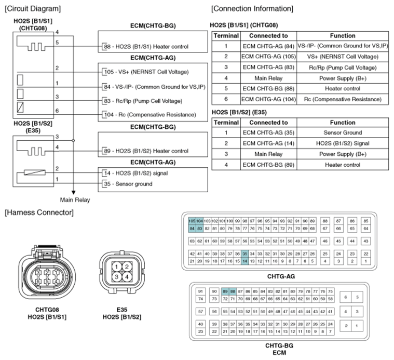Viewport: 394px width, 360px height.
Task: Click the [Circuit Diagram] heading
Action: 32,9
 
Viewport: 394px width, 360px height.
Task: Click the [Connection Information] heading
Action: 252,9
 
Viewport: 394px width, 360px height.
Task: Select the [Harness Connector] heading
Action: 39,212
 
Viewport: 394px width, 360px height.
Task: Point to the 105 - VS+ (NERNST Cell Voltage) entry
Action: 146,72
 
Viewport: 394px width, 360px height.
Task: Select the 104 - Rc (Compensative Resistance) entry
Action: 150,114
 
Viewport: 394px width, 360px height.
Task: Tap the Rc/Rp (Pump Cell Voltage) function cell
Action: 342,68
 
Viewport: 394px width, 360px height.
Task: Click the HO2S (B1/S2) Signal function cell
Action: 342,143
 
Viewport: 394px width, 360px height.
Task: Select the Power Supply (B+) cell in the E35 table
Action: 342,154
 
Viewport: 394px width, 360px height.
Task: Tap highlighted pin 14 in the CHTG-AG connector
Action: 244,261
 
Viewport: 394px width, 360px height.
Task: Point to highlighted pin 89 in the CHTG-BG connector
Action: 225,291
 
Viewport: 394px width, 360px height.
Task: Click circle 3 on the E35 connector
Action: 118,277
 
